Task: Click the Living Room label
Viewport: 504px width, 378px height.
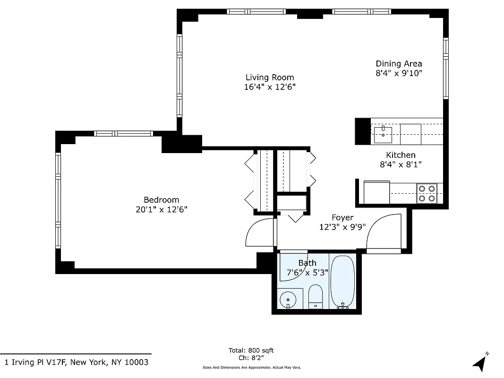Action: (x=270, y=77)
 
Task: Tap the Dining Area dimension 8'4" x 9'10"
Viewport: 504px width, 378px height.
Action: (x=398, y=73)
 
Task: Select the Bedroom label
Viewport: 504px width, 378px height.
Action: (x=162, y=200)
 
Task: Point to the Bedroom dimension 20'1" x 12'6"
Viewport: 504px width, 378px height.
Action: (x=162, y=209)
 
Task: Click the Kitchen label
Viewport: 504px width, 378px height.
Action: (x=401, y=155)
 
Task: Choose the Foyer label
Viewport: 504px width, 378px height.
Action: (x=342, y=218)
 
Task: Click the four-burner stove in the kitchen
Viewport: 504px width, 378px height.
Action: (x=427, y=193)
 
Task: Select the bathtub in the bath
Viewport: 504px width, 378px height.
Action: (x=342, y=282)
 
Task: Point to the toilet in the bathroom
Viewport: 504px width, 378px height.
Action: (x=315, y=297)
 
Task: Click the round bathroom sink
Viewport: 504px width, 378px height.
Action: (x=288, y=299)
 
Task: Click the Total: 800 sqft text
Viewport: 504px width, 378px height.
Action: (x=251, y=350)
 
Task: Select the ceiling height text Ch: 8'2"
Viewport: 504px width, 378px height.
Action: (x=251, y=358)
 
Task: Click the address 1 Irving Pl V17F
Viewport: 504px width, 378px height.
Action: (x=76, y=362)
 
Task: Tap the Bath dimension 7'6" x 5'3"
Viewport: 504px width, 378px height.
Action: (x=307, y=272)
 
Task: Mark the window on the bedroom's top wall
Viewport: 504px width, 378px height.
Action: (x=123, y=134)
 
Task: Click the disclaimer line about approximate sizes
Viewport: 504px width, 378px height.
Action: (x=251, y=367)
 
